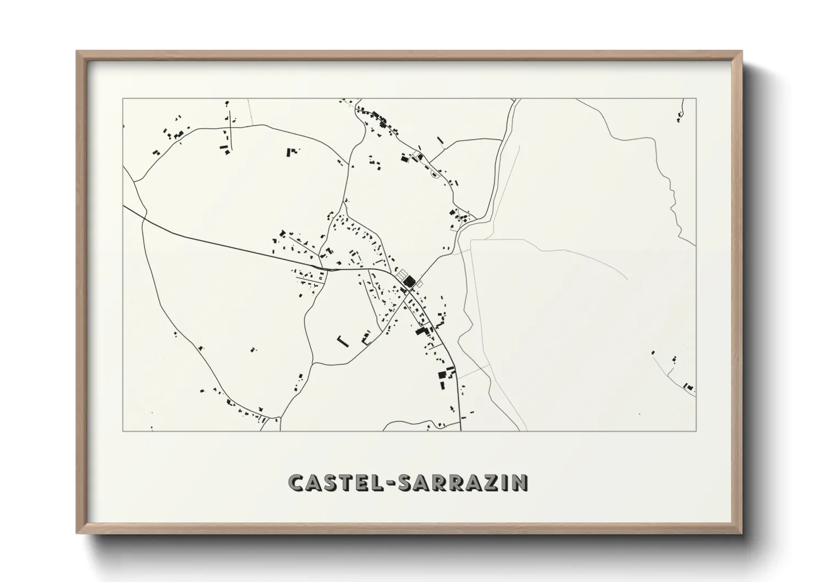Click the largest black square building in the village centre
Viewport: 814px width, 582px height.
409,282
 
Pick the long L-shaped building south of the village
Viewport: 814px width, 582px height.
342,341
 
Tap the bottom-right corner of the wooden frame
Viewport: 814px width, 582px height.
741,532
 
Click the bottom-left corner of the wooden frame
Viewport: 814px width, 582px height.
78,532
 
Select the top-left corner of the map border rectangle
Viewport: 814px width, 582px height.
122,98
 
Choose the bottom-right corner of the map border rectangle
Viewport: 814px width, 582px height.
696,431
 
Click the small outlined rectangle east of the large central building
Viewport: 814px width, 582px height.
420,284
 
